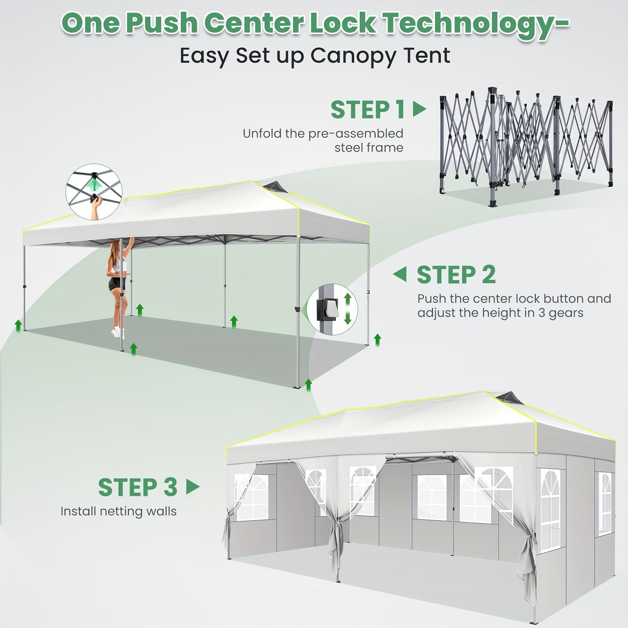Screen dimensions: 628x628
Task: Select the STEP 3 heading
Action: tap(138, 487)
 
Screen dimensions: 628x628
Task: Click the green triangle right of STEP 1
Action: tap(419, 109)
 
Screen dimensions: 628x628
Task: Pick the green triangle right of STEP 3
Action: tap(193, 487)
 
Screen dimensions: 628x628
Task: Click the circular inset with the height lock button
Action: tap(333, 309)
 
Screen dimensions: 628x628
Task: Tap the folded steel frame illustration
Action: tap(526, 146)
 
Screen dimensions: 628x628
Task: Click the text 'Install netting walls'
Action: tap(118, 512)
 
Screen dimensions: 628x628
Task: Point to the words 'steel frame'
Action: tap(369, 147)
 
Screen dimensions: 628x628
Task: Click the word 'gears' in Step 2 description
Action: tap(566, 313)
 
